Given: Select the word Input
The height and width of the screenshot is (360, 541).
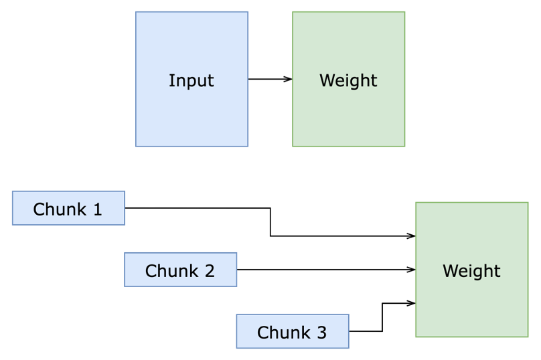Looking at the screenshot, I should pyautogui.click(x=191, y=80).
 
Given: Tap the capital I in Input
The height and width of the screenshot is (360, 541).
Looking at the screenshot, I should pyautogui.click(x=171, y=80).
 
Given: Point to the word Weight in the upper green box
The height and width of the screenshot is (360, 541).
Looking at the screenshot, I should pyautogui.click(x=348, y=80).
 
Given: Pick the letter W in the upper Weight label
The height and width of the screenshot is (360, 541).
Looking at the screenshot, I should pyautogui.click(x=326, y=80).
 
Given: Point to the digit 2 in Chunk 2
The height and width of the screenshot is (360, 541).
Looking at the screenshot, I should pyautogui.click(x=209, y=271).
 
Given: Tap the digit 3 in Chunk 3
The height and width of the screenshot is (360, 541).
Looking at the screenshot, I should pyautogui.click(x=321, y=333).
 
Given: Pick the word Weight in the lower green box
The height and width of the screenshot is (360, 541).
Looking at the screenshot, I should pyautogui.click(x=471, y=271).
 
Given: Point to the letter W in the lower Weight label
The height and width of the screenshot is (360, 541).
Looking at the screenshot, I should pyautogui.click(x=449, y=271).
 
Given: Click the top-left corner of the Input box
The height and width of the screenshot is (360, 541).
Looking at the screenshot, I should pyautogui.click(x=136, y=12).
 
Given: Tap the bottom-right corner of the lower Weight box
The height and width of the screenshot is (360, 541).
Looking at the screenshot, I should pyautogui.click(x=528, y=336).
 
